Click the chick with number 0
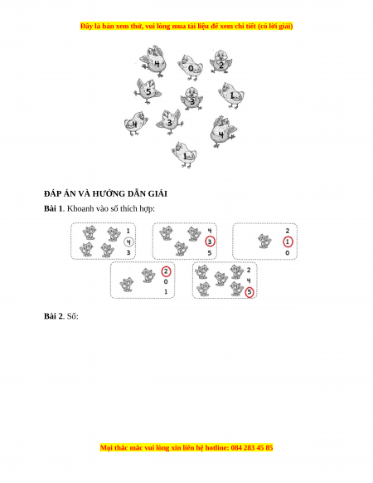[190, 67]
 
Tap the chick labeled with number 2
[221, 61]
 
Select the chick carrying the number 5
[148, 90]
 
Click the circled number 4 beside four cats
[128, 242]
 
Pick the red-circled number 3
[210, 242]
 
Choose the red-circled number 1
[288, 242]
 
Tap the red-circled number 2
[166, 271]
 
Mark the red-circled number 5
[249, 292]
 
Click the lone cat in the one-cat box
[264, 241]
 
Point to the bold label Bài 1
[53, 209]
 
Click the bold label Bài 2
[54, 316]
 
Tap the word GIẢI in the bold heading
[157, 193]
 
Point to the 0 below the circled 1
[288, 253]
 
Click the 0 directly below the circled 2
[166, 281]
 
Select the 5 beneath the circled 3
[210, 253]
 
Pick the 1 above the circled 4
[128, 231]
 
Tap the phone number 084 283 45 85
[252, 447]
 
